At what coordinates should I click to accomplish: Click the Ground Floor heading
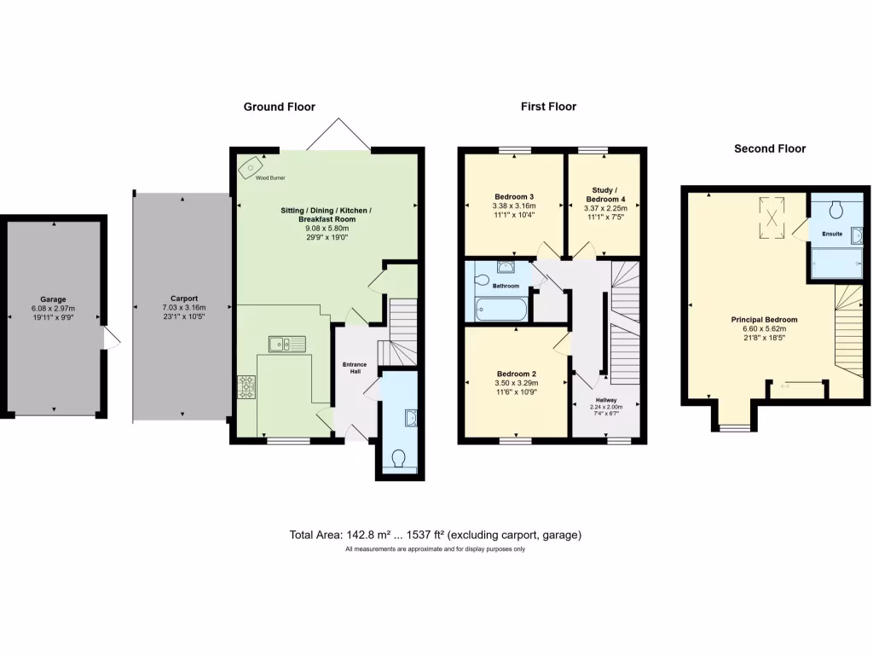click(279, 107)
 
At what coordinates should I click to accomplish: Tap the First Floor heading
click(548, 107)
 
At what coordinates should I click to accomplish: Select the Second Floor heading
click(770, 148)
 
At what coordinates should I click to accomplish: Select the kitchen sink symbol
click(287, 344)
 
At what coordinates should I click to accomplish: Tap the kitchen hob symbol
click(247, 387)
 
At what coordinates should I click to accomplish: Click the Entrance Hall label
click(355, 368)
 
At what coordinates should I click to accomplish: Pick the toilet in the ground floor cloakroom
click(398, 460)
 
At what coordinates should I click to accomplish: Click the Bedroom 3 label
click(513, 196)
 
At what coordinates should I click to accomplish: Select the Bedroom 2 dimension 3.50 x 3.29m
click(516, 384)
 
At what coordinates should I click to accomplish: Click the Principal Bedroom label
click(764, 320)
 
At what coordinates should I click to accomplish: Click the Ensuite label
click(832, 233)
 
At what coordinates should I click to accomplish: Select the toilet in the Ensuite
click(835, 208)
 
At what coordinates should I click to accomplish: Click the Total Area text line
click(436, 535)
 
